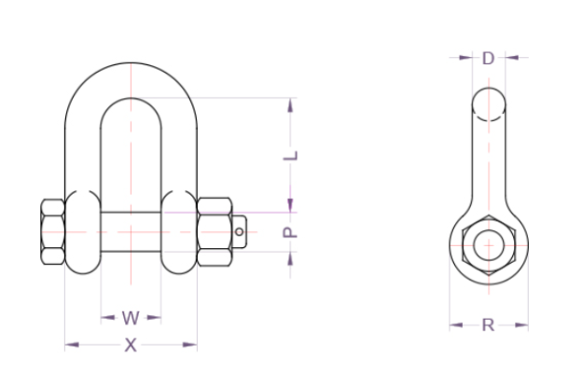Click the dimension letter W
(131, 318)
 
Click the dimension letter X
(131, 345)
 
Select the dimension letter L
(291, 156)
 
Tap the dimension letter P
(290, 232)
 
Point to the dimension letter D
(489, 58)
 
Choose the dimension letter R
(489, 325)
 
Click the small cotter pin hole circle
(240, 232)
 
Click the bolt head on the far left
(53, 232)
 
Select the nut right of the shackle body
(215, 232)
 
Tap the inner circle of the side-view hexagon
(489, 245)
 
